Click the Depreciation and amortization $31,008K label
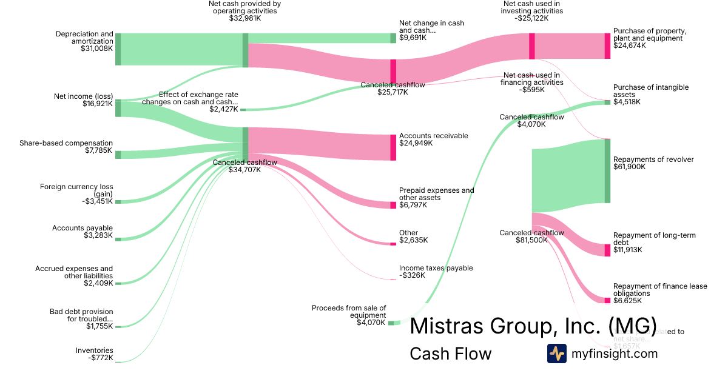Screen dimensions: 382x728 coord(84,40)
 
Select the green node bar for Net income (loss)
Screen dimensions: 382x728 coord(118,108)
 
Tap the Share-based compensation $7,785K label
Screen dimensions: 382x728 coord(66,147)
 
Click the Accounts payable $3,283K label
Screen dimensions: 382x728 coord(83,232)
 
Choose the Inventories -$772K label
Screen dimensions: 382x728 coord(94,354)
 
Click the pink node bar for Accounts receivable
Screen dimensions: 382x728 coord(393,147)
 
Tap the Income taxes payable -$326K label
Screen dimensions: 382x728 coord(436,272)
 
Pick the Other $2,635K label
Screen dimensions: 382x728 coord(413,236)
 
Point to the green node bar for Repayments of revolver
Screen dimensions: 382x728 coord(607,171)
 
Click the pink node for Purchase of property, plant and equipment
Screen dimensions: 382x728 coord(607,46)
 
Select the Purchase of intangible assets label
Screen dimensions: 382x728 coord(650,95)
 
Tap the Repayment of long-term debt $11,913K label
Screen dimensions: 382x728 coord(654,243)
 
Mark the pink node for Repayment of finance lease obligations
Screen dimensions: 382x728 coord(607,300)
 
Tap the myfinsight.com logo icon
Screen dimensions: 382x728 coord(556,354)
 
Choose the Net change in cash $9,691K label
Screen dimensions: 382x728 coord(431,30)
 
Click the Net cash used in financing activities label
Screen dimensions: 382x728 coord(533,82)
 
